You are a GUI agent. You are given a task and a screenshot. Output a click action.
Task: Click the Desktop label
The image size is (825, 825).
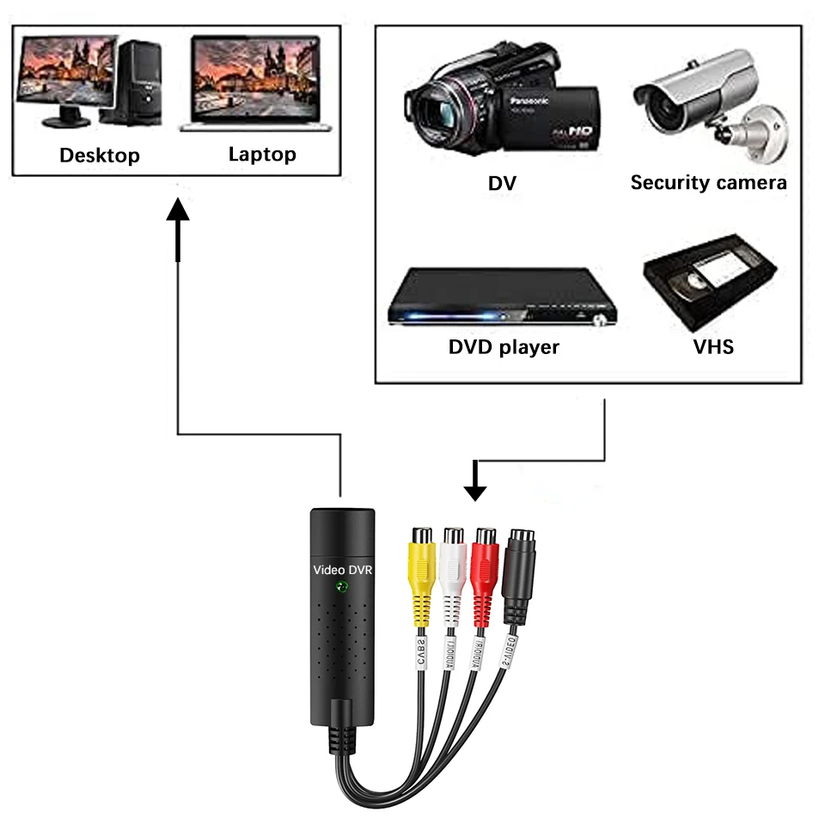click(99, 156)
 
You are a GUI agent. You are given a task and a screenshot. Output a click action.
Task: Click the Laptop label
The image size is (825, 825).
click(262, 155)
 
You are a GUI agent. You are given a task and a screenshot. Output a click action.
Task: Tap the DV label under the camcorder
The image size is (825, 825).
click(502, 183)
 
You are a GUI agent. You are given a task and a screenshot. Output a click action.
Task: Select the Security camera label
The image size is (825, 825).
click(708, 182)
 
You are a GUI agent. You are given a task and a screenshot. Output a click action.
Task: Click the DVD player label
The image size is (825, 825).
click(504, 347)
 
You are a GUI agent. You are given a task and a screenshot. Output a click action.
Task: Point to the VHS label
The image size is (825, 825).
click(713, 347)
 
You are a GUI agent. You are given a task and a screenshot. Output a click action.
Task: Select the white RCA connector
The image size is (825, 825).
click(453, 567)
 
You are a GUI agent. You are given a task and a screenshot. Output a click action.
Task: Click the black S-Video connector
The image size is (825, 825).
click(519, 567)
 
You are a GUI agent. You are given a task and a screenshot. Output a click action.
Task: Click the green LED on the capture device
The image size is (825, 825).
click(342, 588)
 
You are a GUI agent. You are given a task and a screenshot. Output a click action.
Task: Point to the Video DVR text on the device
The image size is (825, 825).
click(341, 569)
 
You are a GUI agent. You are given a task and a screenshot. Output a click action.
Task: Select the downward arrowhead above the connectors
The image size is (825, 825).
click(474, 491)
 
